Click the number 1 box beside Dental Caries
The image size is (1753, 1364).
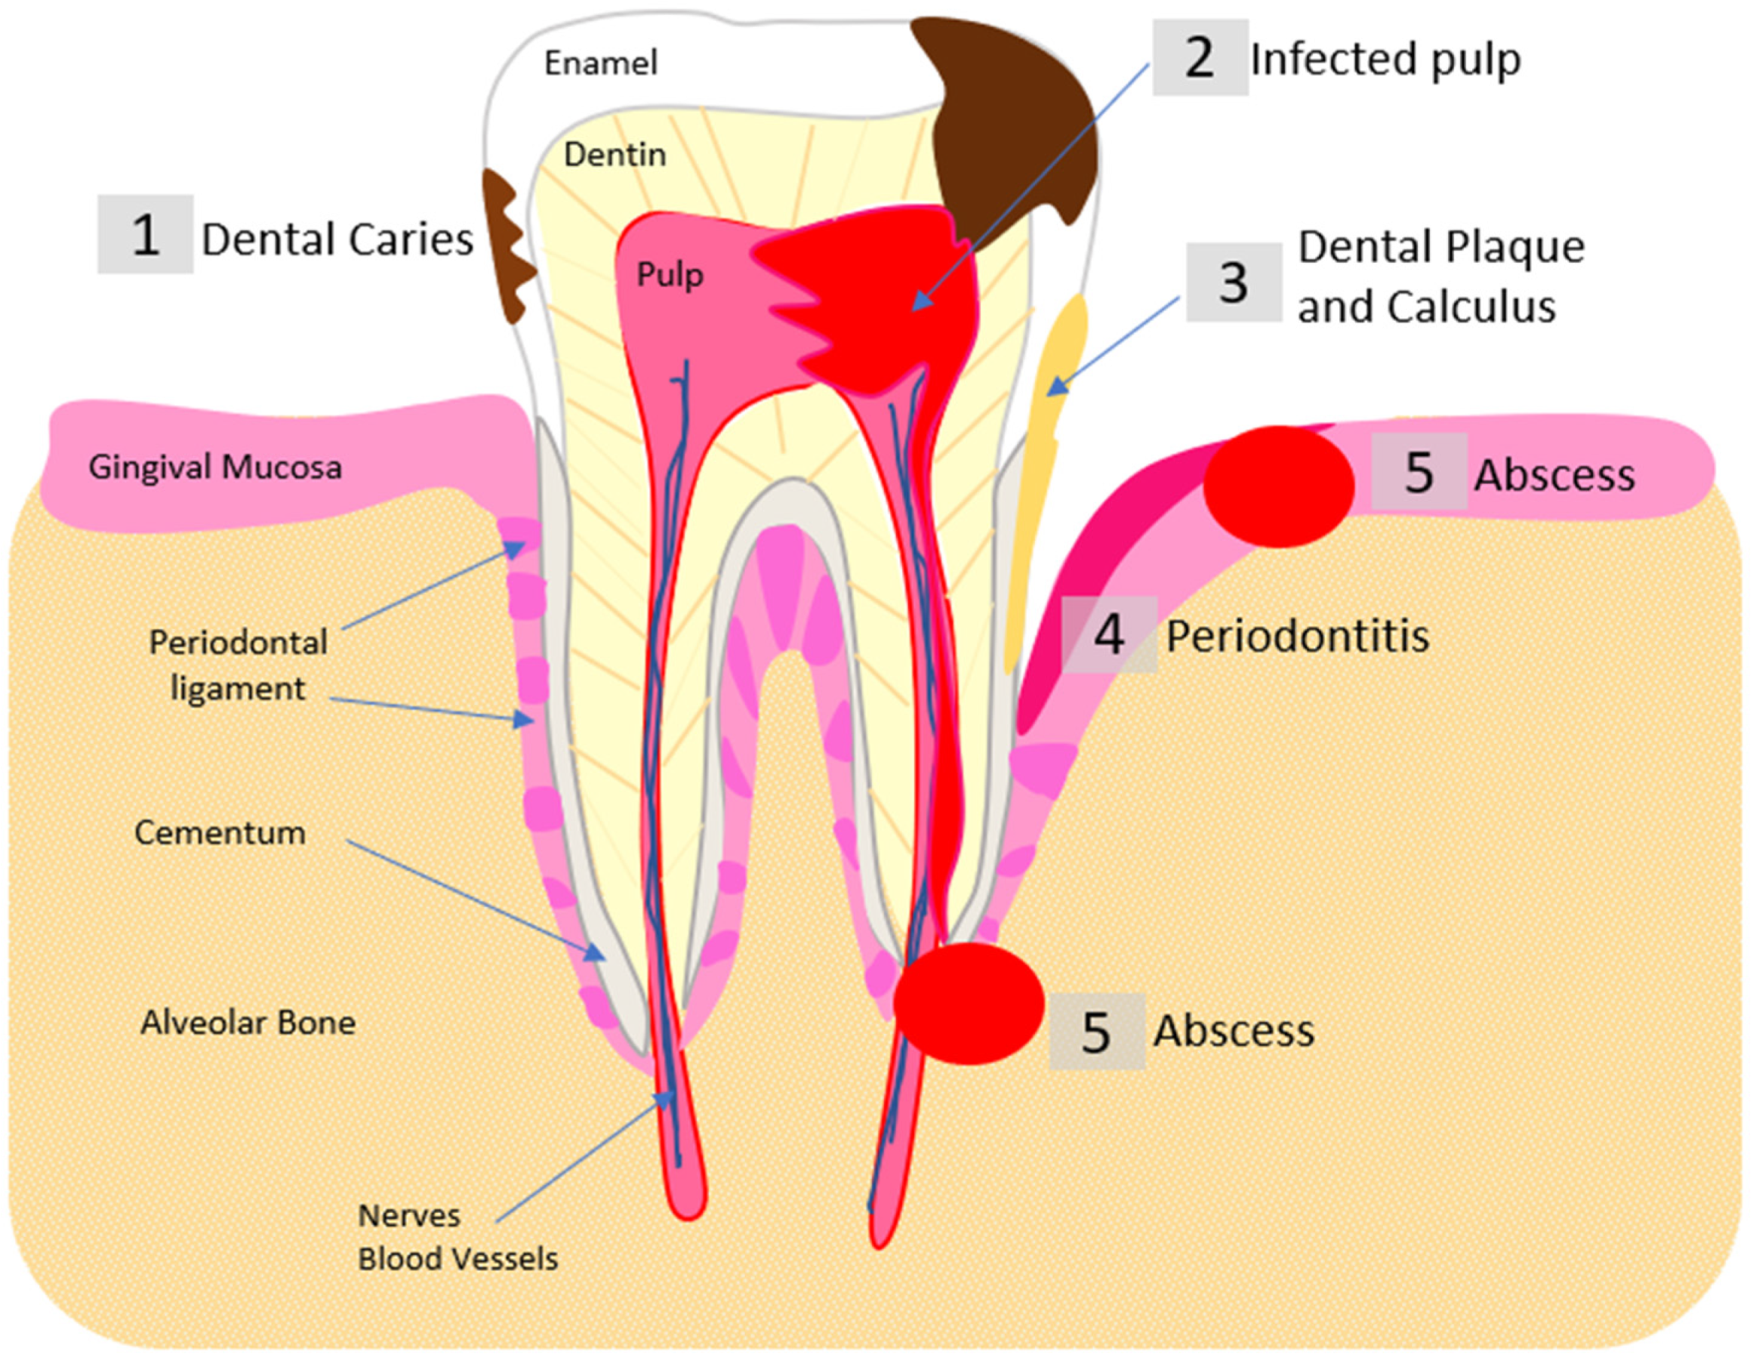(145, 234)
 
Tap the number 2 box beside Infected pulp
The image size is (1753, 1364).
(1200, 58)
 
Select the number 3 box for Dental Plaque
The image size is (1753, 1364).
(1234, 282)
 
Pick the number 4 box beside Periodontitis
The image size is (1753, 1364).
(1109, 634)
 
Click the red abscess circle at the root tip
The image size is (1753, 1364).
(969, 1004)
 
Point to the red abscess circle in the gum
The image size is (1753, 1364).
(1279, 486)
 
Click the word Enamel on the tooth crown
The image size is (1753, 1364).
(600, 63)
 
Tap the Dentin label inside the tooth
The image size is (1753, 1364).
(615, 154)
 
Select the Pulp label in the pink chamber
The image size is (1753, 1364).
(670, 275)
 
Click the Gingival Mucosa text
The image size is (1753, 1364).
(215, 468)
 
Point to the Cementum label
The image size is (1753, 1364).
(220, 832)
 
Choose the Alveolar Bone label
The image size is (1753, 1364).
(248, 1023)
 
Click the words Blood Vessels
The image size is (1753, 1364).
(458, 1258)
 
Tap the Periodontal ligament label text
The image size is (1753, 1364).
(239, 665)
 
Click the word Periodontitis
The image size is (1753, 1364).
(1297, 636)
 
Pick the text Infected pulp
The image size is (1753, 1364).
(1385, 60)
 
